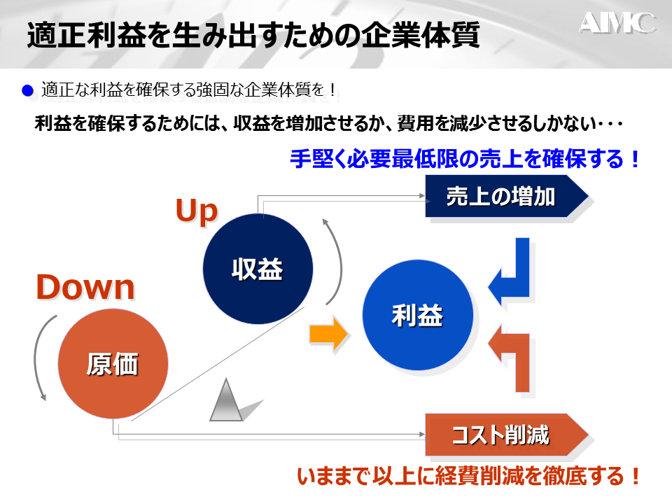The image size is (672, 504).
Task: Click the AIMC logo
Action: coord(617,23)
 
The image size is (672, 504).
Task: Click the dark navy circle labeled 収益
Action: coord(257,269)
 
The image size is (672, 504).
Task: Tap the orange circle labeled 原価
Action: coord(113,363)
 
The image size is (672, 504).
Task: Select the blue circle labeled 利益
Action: coord(417,316)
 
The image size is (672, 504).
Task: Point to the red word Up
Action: coord(197,211)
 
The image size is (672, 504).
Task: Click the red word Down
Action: coord(85,287)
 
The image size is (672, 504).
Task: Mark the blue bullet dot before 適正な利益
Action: coord(28,90)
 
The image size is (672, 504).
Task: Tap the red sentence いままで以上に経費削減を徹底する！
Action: coord(469,477)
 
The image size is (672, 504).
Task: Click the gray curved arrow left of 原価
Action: coord(39,357)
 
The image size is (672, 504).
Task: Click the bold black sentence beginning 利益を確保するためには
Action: coord(328,124)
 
